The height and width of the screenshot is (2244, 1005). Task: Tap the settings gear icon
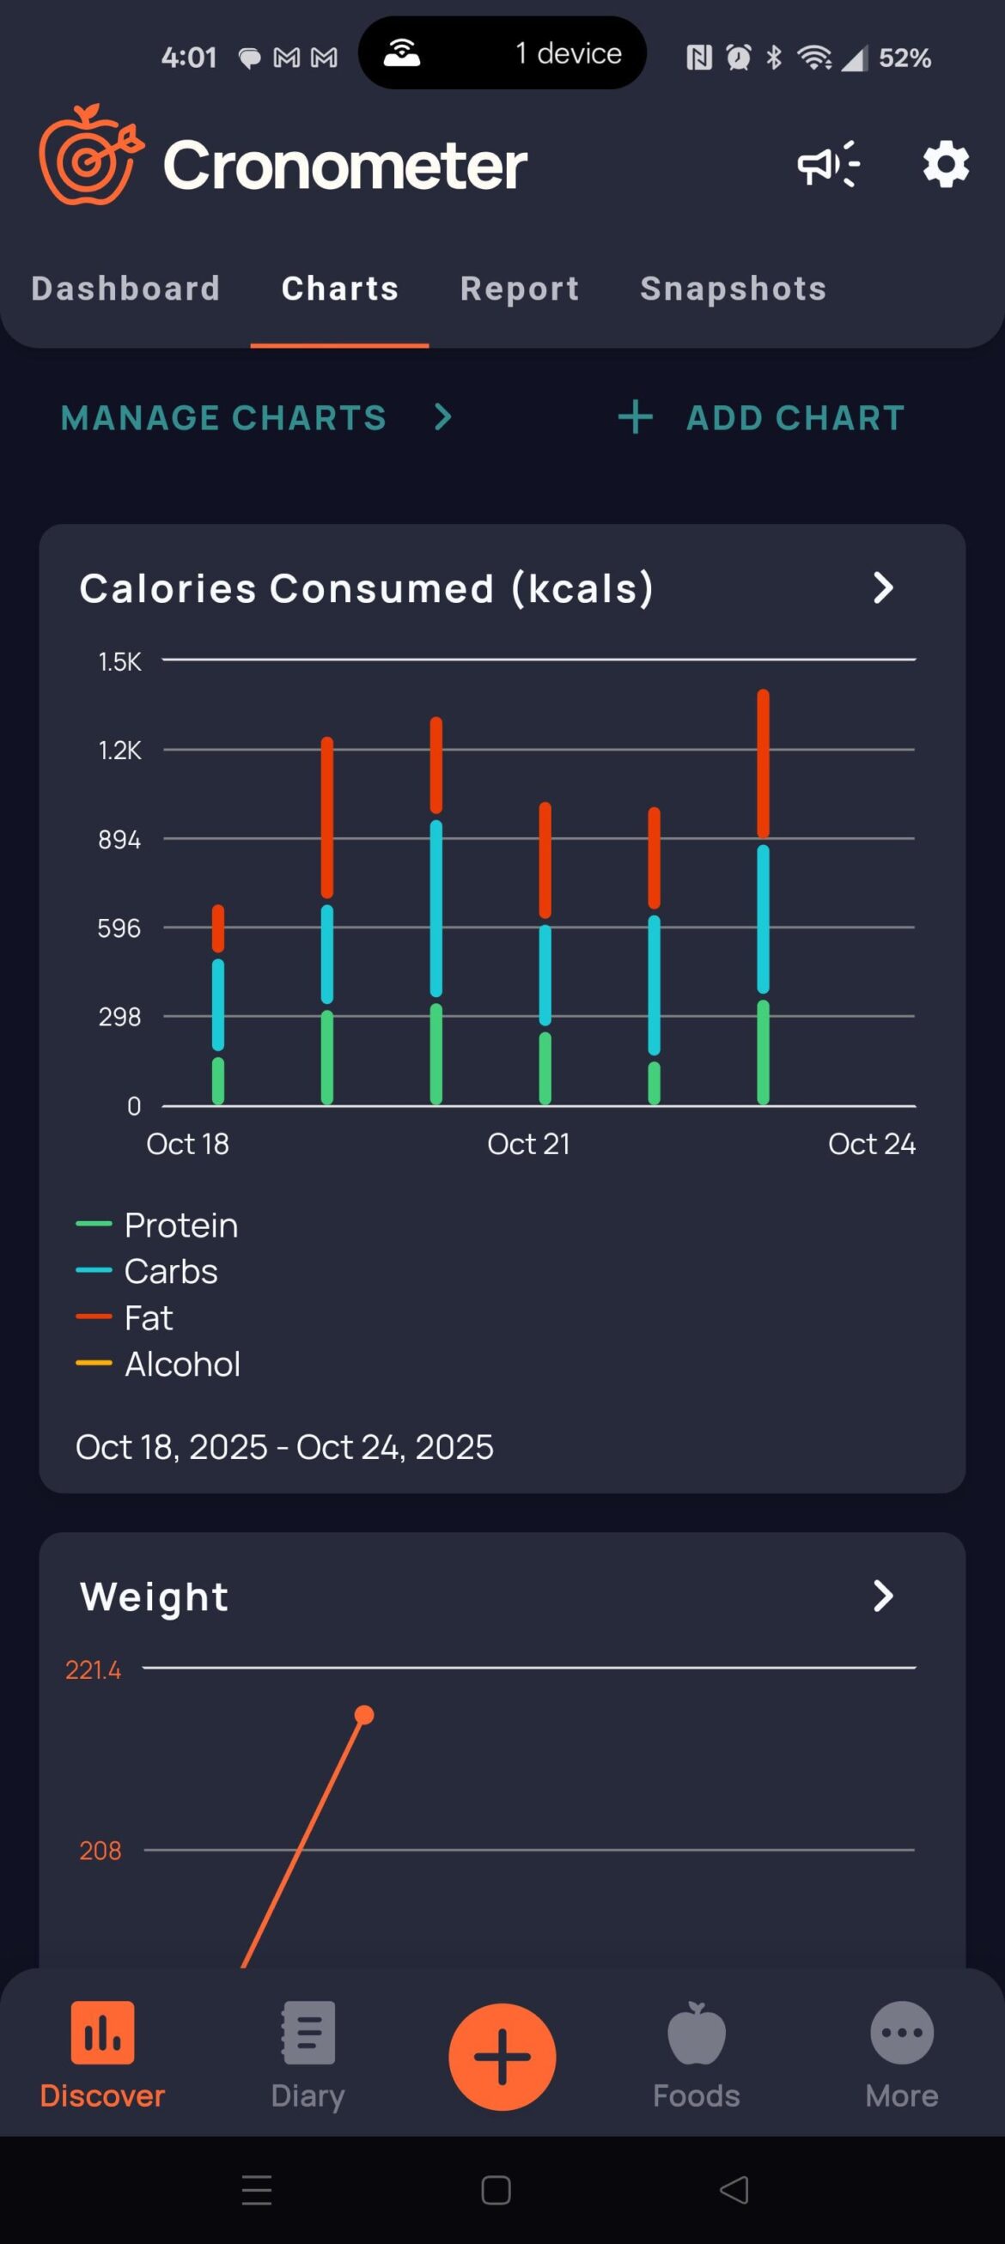(x=946, y=164)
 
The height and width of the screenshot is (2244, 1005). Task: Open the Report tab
(x=520, y=289)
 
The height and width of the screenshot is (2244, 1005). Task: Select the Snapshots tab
(x=733, y=289)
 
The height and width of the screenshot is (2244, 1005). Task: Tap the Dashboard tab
(x=125, y=289)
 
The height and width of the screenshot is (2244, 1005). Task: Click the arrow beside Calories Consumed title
(x=883, y=588)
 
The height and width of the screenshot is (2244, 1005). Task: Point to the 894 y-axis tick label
(x=119, y=840)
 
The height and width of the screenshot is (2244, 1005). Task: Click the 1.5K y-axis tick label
(x=119, y=662)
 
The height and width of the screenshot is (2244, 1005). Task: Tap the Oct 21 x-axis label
(x=528, y=1144)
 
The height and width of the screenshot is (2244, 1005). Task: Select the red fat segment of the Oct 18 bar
(x=218, y=928)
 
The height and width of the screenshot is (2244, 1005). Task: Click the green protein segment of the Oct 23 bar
(x=763, y=1052)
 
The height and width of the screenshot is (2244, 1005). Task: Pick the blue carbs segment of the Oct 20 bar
(x=435, y=909)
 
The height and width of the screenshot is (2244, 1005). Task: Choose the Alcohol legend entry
(x=181, y=1364)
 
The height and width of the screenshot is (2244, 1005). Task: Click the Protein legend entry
(x=180, y=1225)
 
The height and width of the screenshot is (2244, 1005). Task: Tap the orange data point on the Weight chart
(x=364, y=1715)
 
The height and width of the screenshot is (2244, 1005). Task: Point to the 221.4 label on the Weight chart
(x=94, y=1670)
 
